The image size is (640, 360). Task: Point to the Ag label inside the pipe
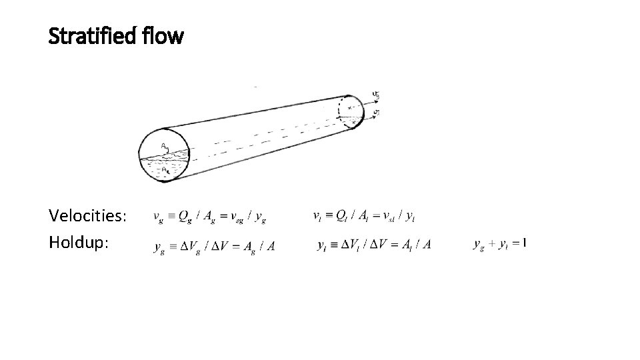coord(164,147)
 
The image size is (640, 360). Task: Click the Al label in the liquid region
coord(165,170)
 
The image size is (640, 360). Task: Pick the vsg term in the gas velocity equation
coord(236,216)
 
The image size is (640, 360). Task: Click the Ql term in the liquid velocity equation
coord(341,215)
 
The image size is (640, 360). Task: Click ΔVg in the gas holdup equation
coord(189,247)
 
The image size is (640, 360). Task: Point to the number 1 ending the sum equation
coord(525,244)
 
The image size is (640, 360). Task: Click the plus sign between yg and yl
coord(493,245)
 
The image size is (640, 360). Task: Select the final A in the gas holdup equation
coord(271,246)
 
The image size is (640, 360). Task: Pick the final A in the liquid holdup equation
coord(427,245)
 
